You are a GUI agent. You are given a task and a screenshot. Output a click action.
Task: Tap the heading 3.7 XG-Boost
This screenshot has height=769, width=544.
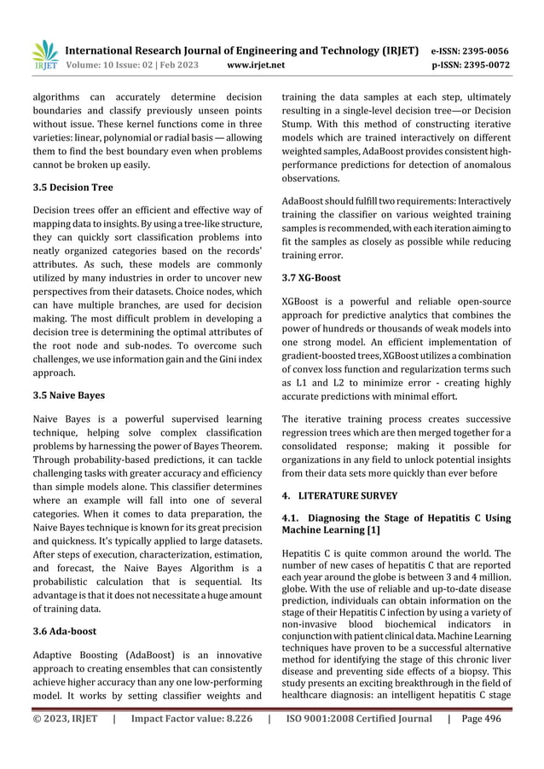pyautogui.click(x=311, y=278)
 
